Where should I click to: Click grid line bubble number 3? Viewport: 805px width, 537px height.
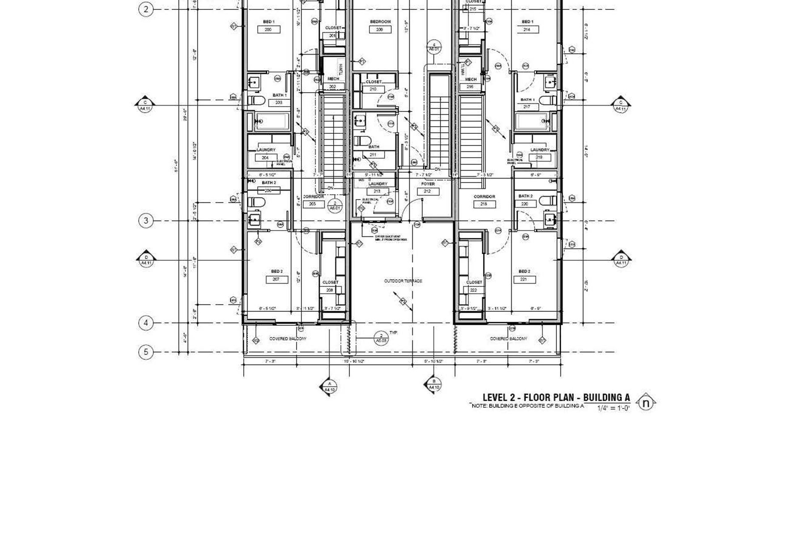146,221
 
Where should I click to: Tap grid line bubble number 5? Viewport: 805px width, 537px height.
146,352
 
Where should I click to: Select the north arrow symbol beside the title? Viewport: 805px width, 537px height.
645,403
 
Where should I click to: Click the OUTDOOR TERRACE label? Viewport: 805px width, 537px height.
403,281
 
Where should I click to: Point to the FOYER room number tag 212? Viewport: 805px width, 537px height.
428,192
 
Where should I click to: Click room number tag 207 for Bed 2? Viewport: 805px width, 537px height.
276,279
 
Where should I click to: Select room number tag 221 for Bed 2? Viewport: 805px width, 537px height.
524,279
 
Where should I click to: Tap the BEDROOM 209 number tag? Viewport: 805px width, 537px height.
380,30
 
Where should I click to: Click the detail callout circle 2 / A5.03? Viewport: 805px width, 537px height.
381,338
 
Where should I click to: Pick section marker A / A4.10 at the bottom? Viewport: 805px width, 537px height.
330,387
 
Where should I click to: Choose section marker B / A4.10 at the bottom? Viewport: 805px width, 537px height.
434,384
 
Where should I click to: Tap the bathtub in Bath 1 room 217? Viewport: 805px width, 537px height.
531,121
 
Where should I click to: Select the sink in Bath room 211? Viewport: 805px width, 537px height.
360,120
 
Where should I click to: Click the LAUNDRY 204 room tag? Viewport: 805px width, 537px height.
265,158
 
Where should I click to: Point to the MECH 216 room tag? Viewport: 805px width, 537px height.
470,87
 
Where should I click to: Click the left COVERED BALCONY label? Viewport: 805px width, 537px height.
288,339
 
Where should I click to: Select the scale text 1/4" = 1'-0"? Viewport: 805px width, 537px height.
614,408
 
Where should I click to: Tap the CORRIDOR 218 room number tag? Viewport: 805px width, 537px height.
484,204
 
